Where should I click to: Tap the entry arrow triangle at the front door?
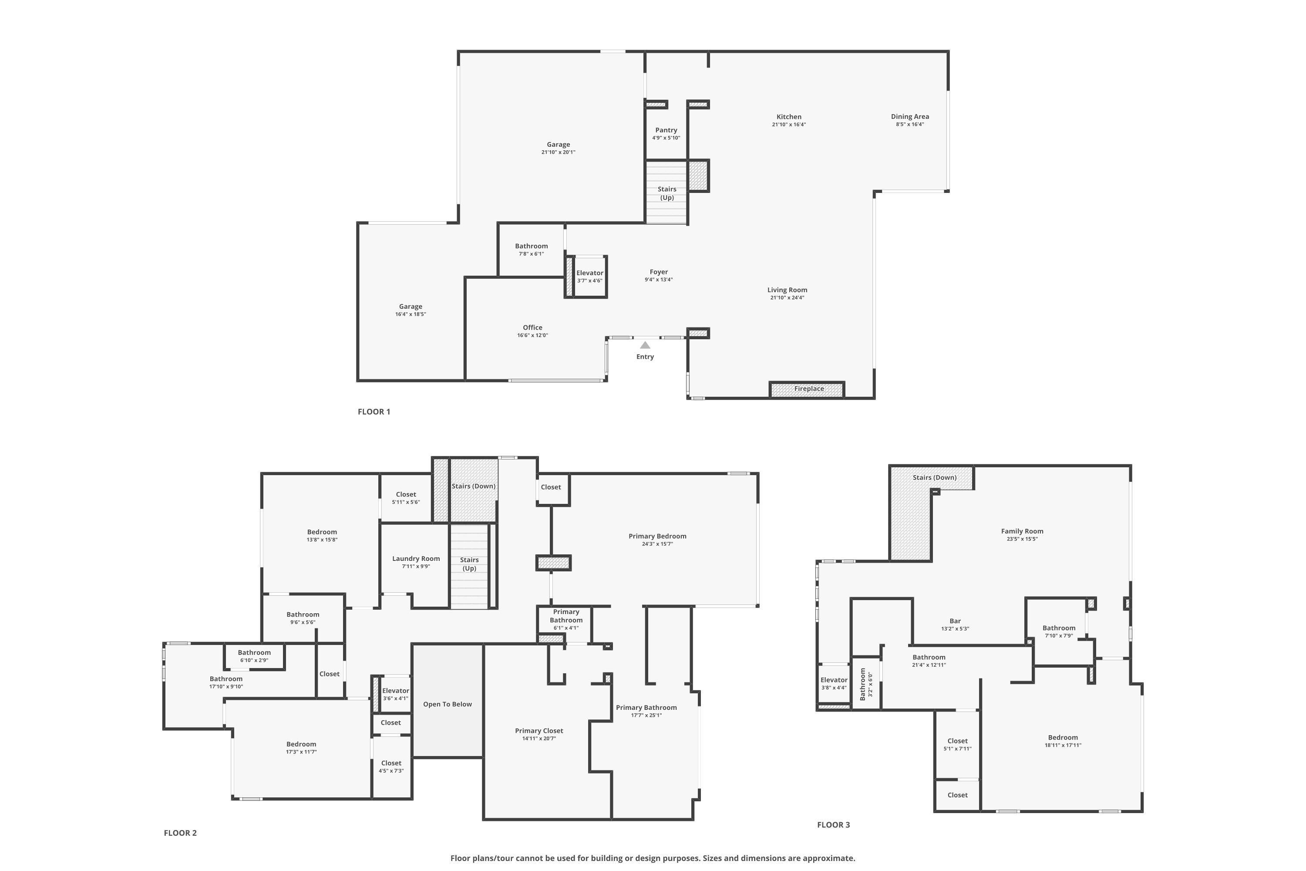[x=645, y=345]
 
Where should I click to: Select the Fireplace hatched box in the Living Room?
[x=808, y=389]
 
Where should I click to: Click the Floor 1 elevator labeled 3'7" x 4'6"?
[x=589, y=276]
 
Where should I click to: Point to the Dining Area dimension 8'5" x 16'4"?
[x=909, y=125]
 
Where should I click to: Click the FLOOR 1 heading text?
[x=374, y=412]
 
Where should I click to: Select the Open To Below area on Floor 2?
[x=447, y=704]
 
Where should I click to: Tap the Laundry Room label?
[x=416, y=559]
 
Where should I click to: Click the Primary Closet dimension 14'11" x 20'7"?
[x=539, y=738]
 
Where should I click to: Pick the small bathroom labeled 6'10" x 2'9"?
[x=254, y=656]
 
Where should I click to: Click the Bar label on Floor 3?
[x=955, y=621]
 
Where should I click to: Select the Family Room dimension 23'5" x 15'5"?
[x=1022, y=539]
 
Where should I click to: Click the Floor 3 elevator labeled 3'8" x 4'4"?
[x=834, y=683]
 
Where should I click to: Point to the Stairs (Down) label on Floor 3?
[x=935, y=478]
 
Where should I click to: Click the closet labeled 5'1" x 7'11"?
[x=957, y=744]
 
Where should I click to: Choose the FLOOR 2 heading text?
[x=180, y=833]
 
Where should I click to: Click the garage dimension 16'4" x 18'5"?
[x=411, y=314]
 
